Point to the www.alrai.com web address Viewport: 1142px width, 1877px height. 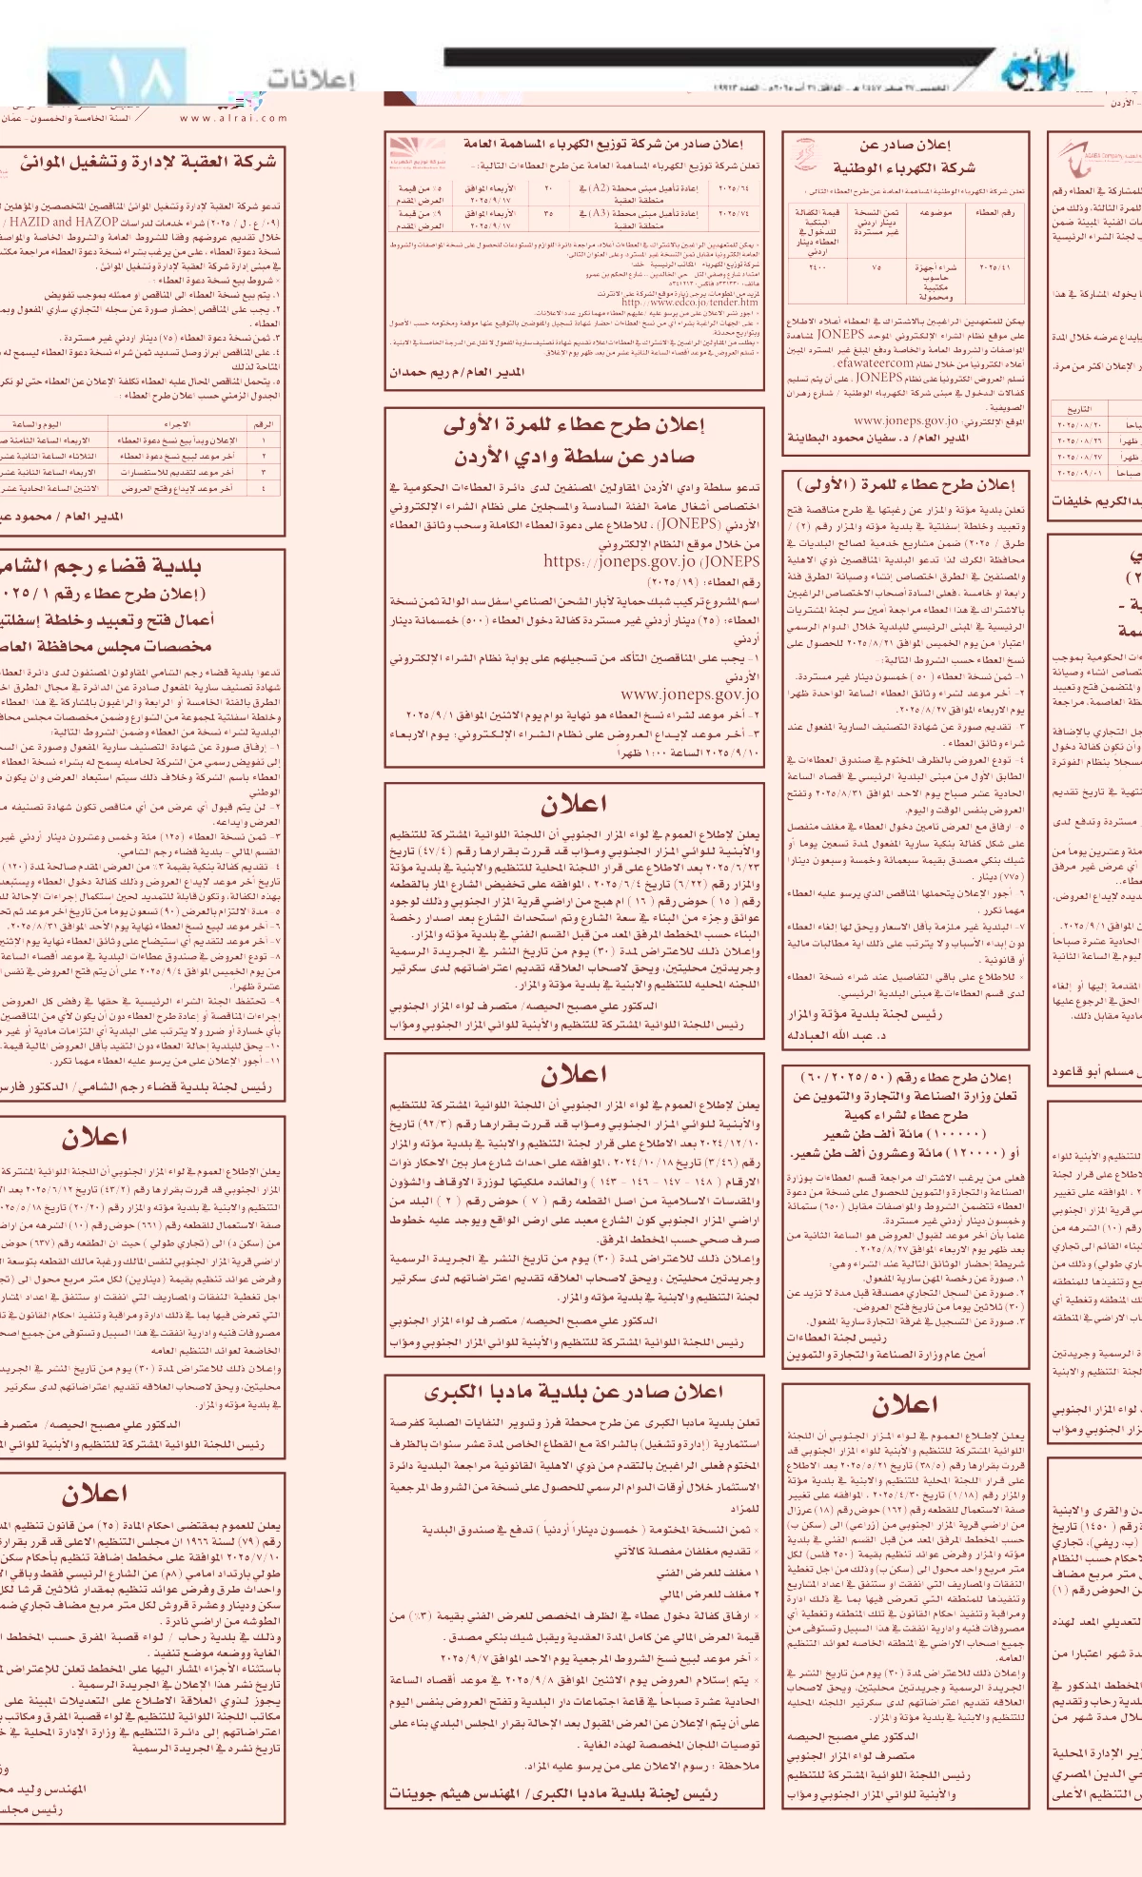click(233, 118)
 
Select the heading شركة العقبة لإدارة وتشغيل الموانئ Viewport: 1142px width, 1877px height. click(148, 163)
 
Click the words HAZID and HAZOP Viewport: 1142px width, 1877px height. click(58, 222)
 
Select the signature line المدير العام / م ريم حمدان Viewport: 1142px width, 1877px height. click(457, 372)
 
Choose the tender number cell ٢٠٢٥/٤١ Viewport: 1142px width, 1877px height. click(995, 268)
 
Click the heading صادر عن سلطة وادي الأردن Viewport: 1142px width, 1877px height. click(574, 457)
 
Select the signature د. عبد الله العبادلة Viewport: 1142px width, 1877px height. click(837, 1035)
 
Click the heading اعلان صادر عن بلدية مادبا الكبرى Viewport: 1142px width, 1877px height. click(574, 1392)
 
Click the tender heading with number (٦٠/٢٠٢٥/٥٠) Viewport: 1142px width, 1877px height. click(904, 1077)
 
